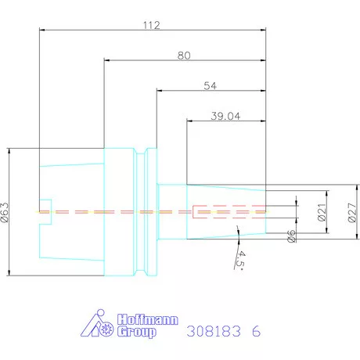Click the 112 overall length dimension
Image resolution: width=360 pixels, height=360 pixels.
coord(151,25)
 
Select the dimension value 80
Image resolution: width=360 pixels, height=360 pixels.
coord(184,56)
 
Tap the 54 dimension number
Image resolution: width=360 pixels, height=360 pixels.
coord(210,85)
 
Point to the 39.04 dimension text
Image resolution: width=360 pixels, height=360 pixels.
coord(225,116)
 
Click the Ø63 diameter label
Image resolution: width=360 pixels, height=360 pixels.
coord(5,212)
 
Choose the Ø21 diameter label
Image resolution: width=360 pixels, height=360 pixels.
coord(322,212)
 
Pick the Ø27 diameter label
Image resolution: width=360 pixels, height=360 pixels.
coord(352,212)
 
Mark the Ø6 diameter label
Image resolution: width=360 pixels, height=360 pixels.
coord(292,236)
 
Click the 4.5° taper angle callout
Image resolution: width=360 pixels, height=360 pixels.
coord(240,260)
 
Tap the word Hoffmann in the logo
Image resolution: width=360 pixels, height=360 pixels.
coord(148,319)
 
